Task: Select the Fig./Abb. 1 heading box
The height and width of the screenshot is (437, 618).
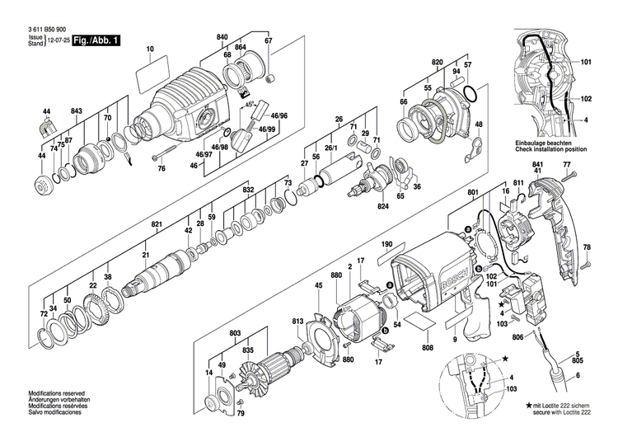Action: coord(95,40)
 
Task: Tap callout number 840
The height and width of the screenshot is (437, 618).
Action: coord(222,39)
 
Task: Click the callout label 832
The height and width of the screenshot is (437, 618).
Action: coord(248,190)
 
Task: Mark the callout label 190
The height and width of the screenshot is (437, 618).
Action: coord(386,245)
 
